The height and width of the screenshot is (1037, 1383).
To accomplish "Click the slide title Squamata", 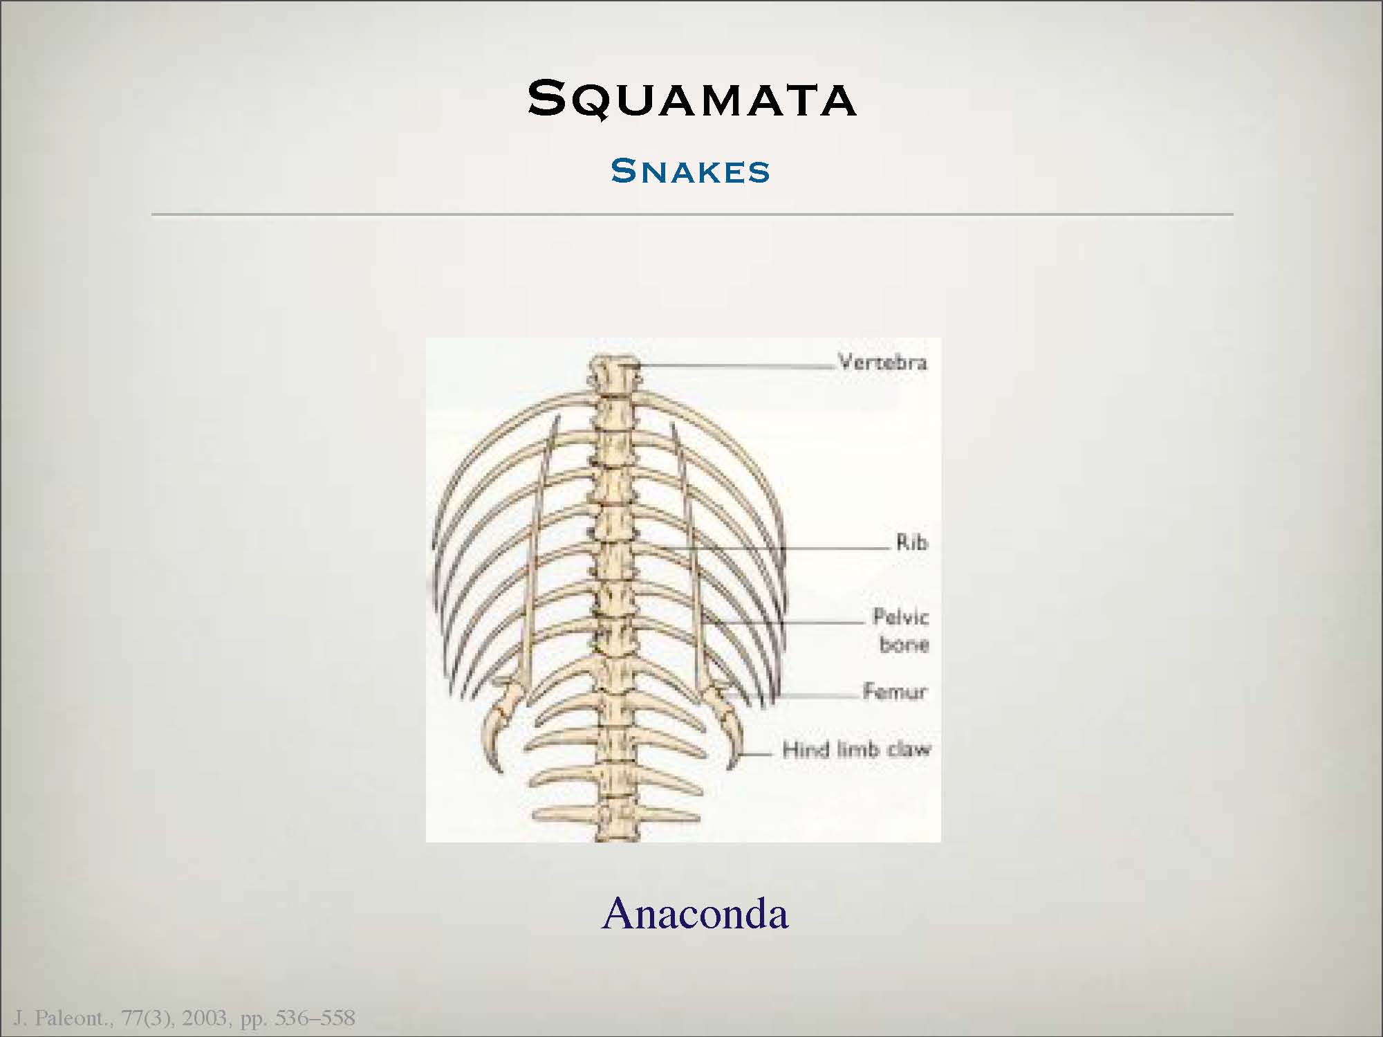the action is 691,98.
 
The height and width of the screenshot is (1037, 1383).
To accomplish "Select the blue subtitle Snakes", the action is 690,171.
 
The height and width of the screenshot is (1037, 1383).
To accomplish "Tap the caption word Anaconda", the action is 695,913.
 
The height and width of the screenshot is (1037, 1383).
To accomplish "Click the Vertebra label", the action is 882,362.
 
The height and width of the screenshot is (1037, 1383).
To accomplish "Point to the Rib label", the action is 911,542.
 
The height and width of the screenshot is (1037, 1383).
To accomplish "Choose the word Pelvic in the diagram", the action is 900,616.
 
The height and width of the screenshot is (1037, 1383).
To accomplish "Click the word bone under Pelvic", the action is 904,644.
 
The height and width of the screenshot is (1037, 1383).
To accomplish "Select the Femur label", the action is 894,691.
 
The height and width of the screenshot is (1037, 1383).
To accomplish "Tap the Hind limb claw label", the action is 856,749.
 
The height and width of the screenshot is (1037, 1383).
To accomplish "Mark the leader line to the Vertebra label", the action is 738,364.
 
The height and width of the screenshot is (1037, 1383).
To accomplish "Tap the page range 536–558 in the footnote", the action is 315,1018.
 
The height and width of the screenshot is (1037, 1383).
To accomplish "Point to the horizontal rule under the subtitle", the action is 692,214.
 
